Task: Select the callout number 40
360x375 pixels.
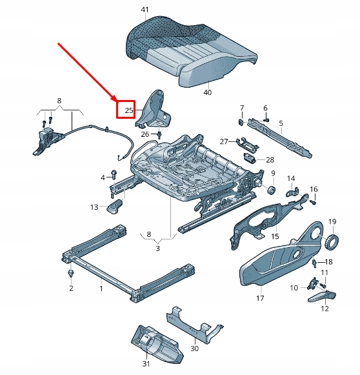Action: pos(207,92)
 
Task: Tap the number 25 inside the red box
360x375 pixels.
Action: pos(128,110)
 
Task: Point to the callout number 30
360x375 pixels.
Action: pos(194,349)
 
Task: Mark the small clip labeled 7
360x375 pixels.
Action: pos(240,119)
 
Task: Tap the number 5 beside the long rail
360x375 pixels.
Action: pos(281,123)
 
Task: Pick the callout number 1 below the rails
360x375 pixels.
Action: pos(101,288)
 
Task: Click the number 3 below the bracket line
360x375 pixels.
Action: pos(157,247)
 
